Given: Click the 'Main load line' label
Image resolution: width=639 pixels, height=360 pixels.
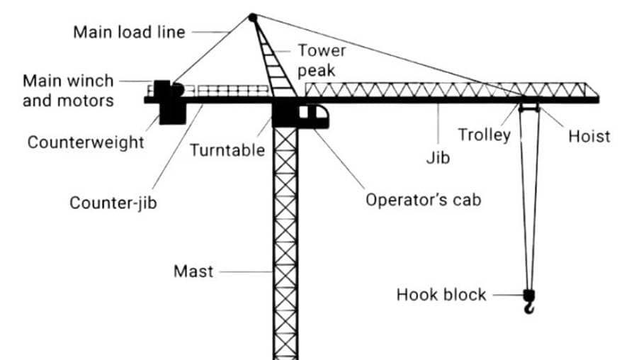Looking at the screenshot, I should pos(129,32).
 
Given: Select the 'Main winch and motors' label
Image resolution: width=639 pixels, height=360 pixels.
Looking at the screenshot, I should pos(68,91).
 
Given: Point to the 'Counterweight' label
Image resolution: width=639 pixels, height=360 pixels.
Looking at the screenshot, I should pos(86,142).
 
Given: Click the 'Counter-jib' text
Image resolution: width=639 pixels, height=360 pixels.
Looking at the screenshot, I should pos(113,203).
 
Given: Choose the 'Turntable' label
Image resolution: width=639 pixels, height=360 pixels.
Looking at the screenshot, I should pos(227,150).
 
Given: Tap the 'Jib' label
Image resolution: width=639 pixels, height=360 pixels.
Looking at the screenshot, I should pos(438,157).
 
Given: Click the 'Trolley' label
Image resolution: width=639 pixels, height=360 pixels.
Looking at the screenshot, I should pos(484,135).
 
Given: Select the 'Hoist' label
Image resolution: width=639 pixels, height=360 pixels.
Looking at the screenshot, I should pos(589,136).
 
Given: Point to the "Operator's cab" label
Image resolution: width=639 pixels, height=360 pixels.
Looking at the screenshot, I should pos(423,200).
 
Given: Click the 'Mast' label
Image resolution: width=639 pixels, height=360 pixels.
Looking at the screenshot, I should pos(193,271).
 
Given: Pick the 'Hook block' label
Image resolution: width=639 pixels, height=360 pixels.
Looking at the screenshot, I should pos(441,294).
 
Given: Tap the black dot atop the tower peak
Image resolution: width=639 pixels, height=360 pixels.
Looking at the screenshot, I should pos(252,17).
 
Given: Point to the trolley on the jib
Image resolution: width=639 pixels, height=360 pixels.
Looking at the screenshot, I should pos(529,108).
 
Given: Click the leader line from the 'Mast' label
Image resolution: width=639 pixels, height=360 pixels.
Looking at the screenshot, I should pos(245,271).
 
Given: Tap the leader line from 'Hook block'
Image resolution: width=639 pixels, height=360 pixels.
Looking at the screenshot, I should pos(507,294).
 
